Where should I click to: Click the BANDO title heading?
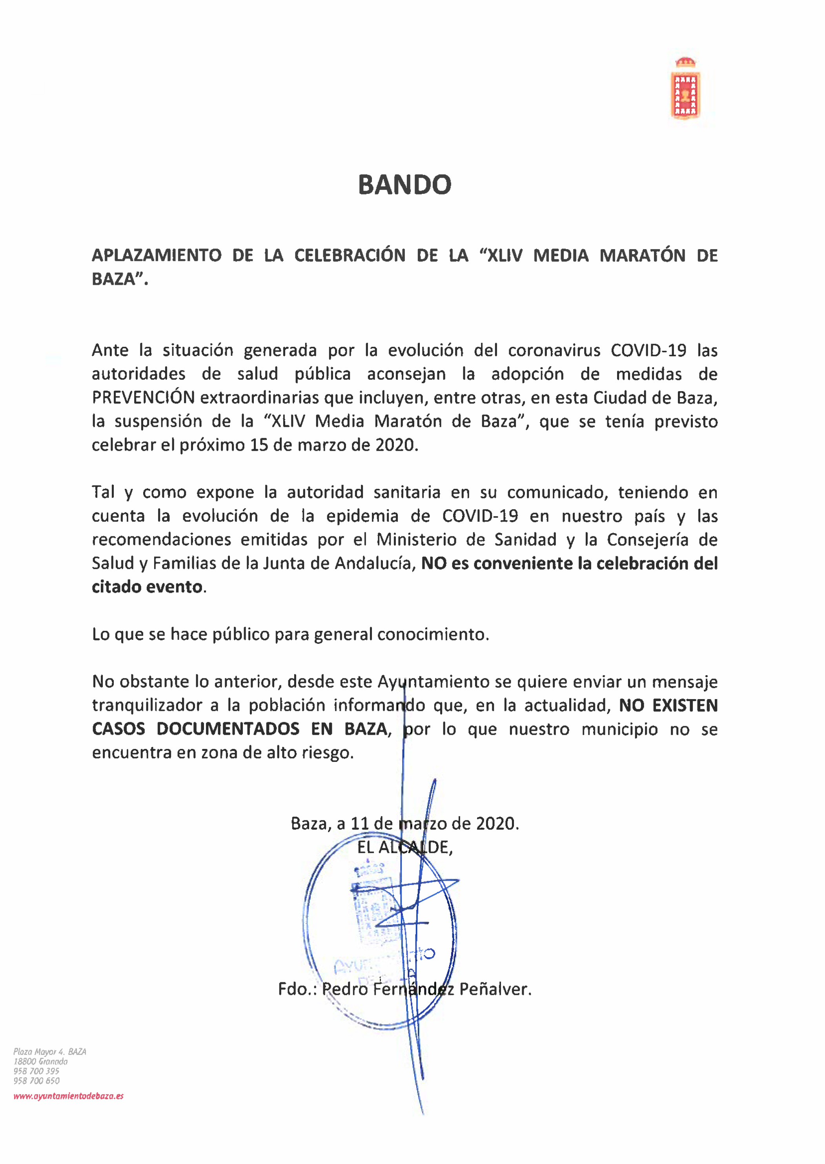tap(404, 184)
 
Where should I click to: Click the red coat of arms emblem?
tap(685, 89)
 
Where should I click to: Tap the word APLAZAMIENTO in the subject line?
tap(157, 255)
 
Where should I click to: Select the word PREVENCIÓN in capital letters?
tap(143, 397)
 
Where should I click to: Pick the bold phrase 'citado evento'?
tap(147, 587)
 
